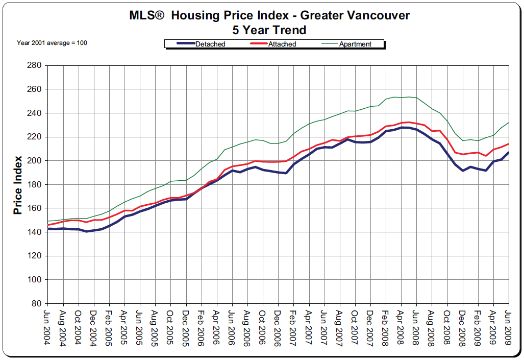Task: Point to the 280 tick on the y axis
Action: (34, 65)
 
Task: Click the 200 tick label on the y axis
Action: (34, 160)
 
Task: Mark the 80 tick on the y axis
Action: (36, 303)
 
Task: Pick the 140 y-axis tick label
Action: (34, 232)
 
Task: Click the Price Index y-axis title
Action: (18, 185)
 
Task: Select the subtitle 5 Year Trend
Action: (269, 30)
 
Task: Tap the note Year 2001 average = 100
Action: (52, 43)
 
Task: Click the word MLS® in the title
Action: (147, 15)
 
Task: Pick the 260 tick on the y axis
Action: (34, 89)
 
